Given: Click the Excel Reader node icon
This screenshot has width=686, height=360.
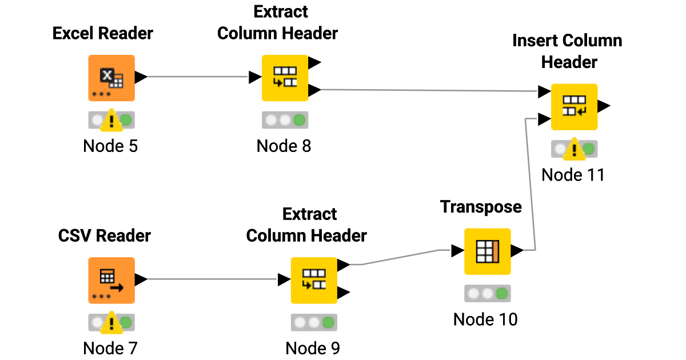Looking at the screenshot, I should tap(111, 78).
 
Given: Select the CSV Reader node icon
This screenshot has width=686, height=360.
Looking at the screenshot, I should tap(111, 280).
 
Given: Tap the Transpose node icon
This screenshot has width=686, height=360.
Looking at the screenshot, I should tap(487, 251).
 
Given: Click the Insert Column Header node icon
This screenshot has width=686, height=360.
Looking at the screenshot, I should tap(573, 107).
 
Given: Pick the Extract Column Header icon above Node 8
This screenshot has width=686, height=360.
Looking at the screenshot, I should tap(285, 78).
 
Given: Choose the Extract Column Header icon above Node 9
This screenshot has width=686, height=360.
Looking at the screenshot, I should tap(314, 280).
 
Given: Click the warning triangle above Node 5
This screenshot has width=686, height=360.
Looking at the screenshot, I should tap(111, 120).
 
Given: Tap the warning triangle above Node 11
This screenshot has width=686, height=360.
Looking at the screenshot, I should tap(573, 150).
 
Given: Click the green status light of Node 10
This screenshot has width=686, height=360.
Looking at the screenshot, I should tap(501, 294).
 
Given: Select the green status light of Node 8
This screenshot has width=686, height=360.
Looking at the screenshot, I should tap(299, 120).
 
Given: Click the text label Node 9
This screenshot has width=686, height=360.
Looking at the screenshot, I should tap(313, 348).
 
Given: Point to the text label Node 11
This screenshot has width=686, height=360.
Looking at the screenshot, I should tap(573, 175).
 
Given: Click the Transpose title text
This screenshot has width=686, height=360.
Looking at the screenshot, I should tap(481, 207).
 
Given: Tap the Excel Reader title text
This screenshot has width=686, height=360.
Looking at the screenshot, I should tap(103, 34).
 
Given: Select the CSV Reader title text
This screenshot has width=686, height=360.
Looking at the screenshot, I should tap(105, 235).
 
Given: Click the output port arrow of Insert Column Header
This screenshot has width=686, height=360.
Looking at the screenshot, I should tap(604, 106).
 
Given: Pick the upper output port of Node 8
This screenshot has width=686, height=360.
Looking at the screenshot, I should tap(314, 62).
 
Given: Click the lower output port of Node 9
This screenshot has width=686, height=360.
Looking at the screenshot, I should tap(344, 293).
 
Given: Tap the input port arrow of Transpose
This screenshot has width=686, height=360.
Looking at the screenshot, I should tap(457, 251).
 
